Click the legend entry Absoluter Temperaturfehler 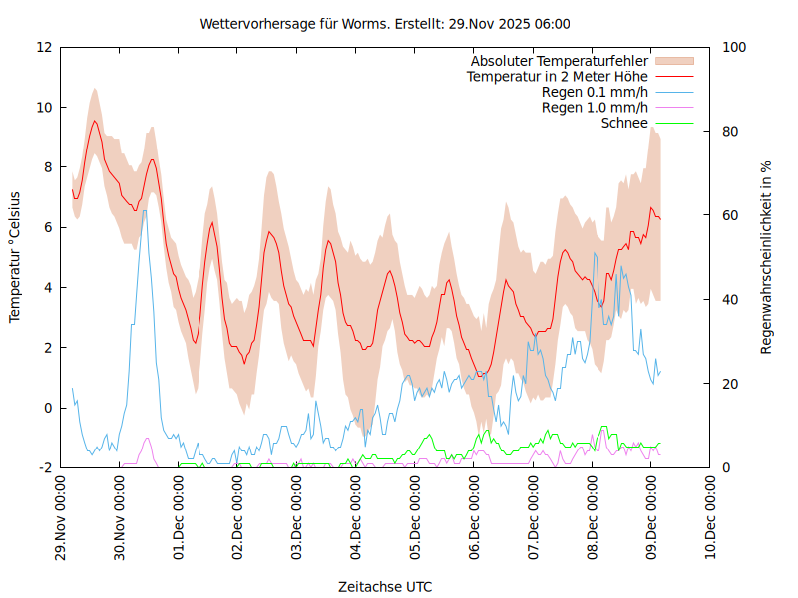tap(560, 61)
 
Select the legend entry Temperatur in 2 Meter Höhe tap(558, 77)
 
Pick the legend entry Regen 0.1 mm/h tap(595, 92)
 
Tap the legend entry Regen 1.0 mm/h tap(595, 108)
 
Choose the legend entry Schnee tap(624, 124)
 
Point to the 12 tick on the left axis tap(45, 47)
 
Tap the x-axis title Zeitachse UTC tap(385, 586)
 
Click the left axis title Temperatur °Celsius tap(15, 256)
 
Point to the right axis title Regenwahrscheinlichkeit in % tap(766, 256)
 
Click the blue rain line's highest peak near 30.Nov tap(144, 210)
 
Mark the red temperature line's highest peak tap(95, 121)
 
